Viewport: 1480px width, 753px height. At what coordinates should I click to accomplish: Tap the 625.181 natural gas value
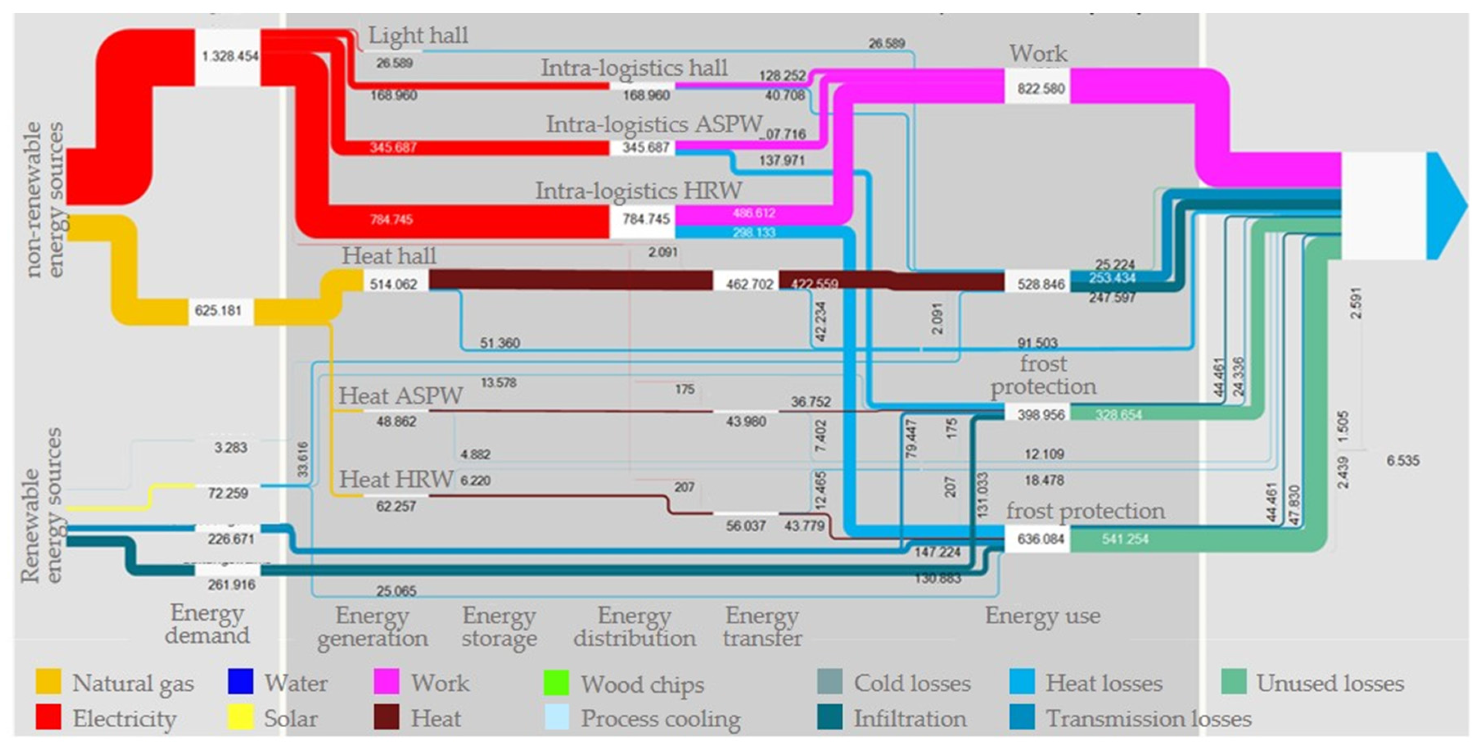tap(218, 311)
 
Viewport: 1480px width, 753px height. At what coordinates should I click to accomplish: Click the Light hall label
tap(418, 36)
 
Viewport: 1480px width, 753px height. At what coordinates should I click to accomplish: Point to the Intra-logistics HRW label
tap(638, 191)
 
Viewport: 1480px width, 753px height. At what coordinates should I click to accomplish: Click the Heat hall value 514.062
tap(394, 284)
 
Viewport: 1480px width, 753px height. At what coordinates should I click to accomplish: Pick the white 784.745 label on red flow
tap(391, 219)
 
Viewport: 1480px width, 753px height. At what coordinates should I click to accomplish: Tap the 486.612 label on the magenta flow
tap(754, 213)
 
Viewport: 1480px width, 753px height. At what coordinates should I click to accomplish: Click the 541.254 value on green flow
tap(1125, 539)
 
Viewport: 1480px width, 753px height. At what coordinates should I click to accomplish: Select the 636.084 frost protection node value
tap(1041, 539)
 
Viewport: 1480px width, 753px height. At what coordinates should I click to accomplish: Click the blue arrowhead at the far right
tap(1445, 205)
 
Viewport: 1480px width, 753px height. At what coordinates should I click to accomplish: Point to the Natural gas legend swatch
tap(48, 682)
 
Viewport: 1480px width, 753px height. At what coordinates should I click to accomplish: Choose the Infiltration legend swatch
tap(830, 717)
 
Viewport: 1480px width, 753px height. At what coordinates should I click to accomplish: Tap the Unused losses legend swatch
tap(1234, 682)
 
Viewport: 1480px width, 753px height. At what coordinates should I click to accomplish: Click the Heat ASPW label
tap(401, 396)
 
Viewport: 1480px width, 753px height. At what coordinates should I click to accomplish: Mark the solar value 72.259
tap(228, 493)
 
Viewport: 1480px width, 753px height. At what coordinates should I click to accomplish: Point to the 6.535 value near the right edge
tap(1402, 460)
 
